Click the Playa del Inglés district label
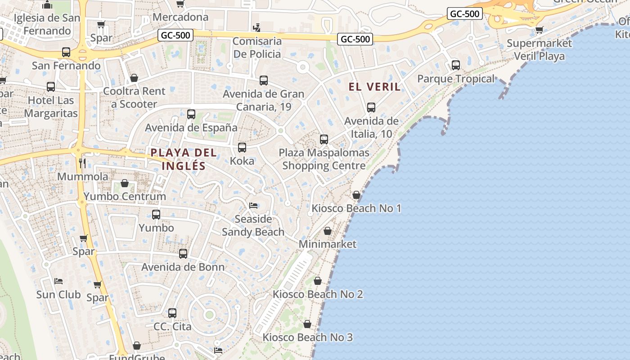click(184, 159)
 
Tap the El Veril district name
click(374, 87)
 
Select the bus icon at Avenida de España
click(191, 114)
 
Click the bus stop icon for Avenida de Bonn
click(183, 253)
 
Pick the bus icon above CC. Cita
click(172, 313)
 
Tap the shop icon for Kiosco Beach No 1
click(356, 195)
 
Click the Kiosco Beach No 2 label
click(318, 294)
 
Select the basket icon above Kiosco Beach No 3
click(307, 324)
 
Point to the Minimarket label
click(328, 244)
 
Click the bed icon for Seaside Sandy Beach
click(253, 206)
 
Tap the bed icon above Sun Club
click(58, 281)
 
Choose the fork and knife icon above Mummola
click(82, 163)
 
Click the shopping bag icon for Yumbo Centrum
click(125, 183)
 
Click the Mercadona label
click(180, 17)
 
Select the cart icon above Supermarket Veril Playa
click(539, 30)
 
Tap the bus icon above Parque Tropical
click(456, 65)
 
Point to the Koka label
click(242, 161)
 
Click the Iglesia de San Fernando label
click(47, 24)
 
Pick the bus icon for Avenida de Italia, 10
click(371, 108)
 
